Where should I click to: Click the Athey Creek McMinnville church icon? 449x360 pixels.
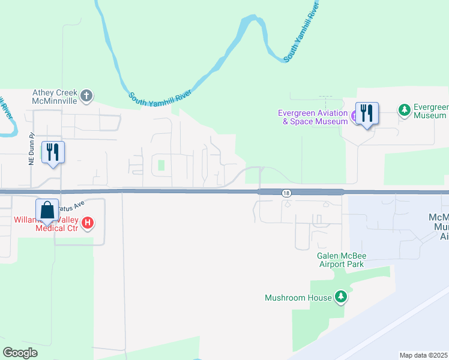click(86, 95)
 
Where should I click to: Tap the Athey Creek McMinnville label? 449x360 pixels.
click(55, 97)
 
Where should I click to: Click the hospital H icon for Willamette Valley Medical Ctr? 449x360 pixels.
click(88, 224)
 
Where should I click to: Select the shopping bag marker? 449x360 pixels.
click(47, 211)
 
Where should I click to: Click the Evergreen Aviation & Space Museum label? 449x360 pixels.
click(313, 117)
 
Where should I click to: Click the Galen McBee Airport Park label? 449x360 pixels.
click(341, 260)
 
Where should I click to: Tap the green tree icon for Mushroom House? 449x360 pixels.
click(341, 297)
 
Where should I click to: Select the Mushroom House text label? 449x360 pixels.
click(298, 298)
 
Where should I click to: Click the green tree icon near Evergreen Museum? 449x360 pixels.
click(405, 110)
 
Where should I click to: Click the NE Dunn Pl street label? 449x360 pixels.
click(32, 151)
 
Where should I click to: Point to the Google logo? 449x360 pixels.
click(20, 352)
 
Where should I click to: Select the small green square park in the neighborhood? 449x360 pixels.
click(160, 164)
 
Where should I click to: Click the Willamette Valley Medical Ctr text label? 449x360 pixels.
click(41, 224)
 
